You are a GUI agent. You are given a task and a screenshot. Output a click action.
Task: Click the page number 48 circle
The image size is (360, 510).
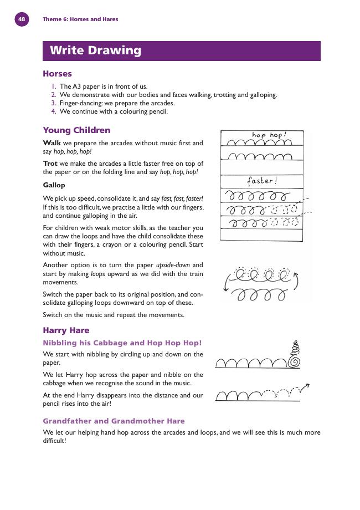(22, 19)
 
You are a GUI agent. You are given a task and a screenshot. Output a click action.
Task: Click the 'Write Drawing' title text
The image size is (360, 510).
(95, 50)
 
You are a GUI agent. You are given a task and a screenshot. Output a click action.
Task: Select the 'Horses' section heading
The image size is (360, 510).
(57, 74)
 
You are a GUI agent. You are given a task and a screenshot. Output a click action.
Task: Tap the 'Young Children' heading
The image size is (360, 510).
(76, 130)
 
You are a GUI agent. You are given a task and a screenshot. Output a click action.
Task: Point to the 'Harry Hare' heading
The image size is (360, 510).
(66, 330)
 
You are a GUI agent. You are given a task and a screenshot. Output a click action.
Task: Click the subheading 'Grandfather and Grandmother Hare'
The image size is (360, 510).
(114, 421)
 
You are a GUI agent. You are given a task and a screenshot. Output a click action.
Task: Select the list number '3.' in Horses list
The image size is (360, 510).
(54, 103)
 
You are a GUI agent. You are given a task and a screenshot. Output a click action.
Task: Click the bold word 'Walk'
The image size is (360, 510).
(52, 143)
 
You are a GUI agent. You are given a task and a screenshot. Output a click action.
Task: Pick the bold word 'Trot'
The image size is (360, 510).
(51, 164)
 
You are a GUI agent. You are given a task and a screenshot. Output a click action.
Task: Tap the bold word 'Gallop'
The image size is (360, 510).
(54, 185)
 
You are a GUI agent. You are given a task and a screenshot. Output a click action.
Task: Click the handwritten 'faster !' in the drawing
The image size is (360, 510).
(261, 181)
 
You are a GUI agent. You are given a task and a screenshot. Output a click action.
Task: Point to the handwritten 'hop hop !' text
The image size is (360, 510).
(269, 135)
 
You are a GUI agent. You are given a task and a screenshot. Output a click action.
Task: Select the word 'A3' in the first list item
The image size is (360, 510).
(77, 86)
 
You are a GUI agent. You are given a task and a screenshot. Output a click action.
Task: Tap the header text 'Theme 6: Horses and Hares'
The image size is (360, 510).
(80, 19)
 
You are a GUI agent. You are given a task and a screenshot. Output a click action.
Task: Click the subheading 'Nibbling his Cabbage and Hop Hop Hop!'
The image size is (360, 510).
(122, 343)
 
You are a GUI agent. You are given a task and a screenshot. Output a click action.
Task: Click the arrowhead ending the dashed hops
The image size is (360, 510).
(306, 386)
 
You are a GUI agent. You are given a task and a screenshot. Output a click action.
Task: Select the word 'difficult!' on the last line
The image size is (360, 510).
(54, 441)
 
